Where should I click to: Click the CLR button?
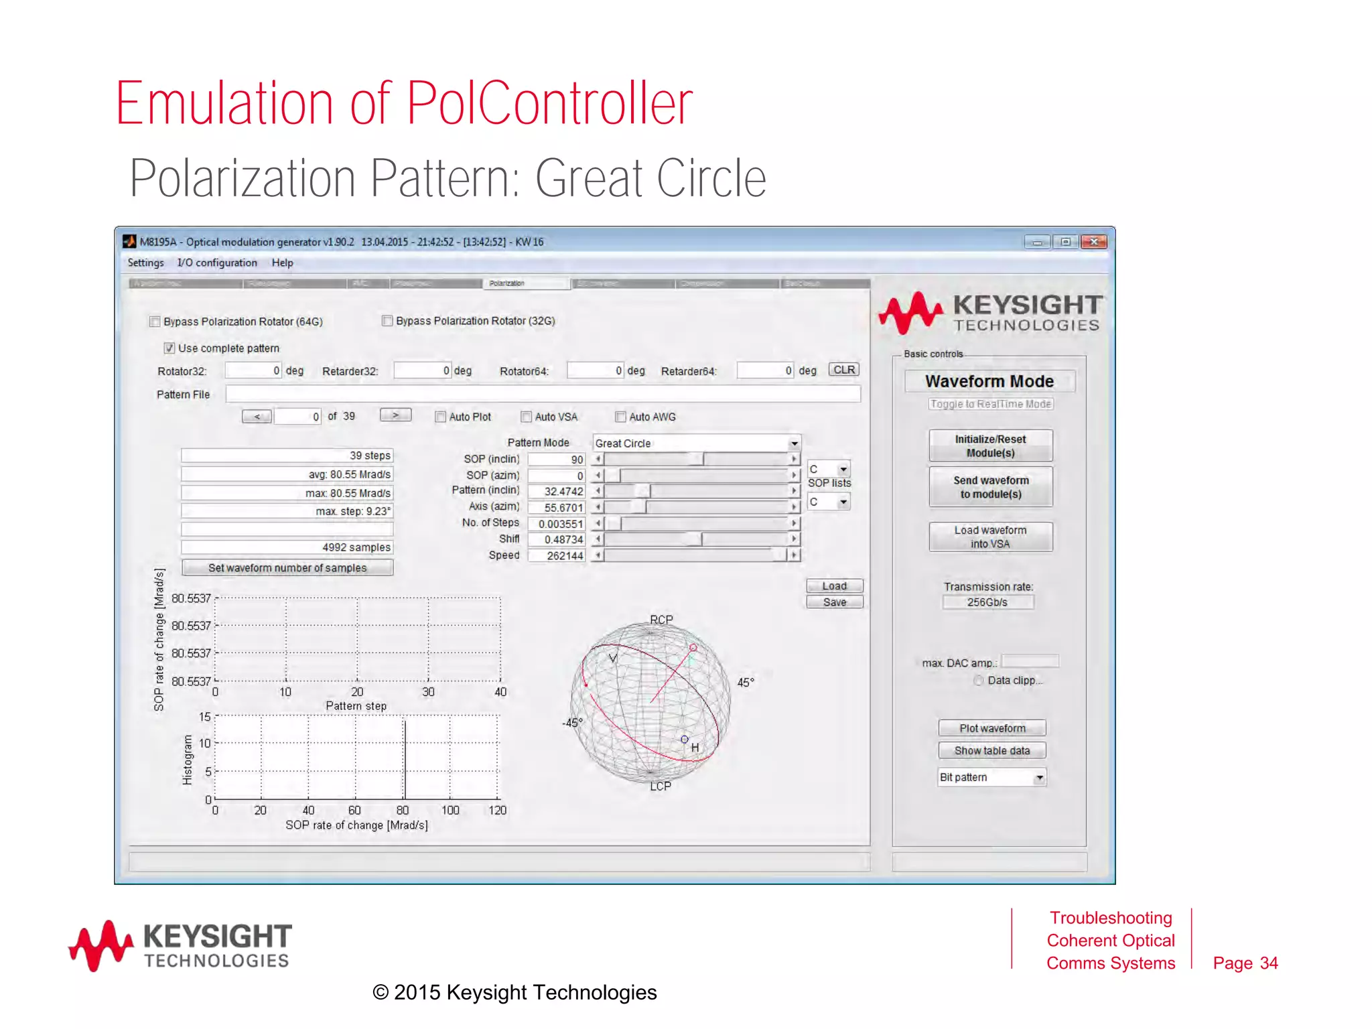pos(843,370)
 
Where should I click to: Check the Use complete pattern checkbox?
pos(169,348)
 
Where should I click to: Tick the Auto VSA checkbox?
pos(527,417)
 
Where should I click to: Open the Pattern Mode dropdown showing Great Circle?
pos(793,443)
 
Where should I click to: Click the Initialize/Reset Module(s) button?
pos(990,446)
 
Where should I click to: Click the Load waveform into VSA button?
pos(990,537)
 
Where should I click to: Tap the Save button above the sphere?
pos(834,602)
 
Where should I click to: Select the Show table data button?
pos(991,750)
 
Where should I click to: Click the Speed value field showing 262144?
pos(557,555)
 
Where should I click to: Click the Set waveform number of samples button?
pos(287,568)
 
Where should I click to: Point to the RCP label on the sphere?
pos(661,620)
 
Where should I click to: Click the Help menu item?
pos(282,263)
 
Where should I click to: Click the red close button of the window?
pos(1094,242)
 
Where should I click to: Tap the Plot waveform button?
pos(991,728)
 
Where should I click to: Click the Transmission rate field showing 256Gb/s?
pos(987,602)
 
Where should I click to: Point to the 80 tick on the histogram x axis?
pos(403,811)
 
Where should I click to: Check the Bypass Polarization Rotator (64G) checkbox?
pos(155,322)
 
